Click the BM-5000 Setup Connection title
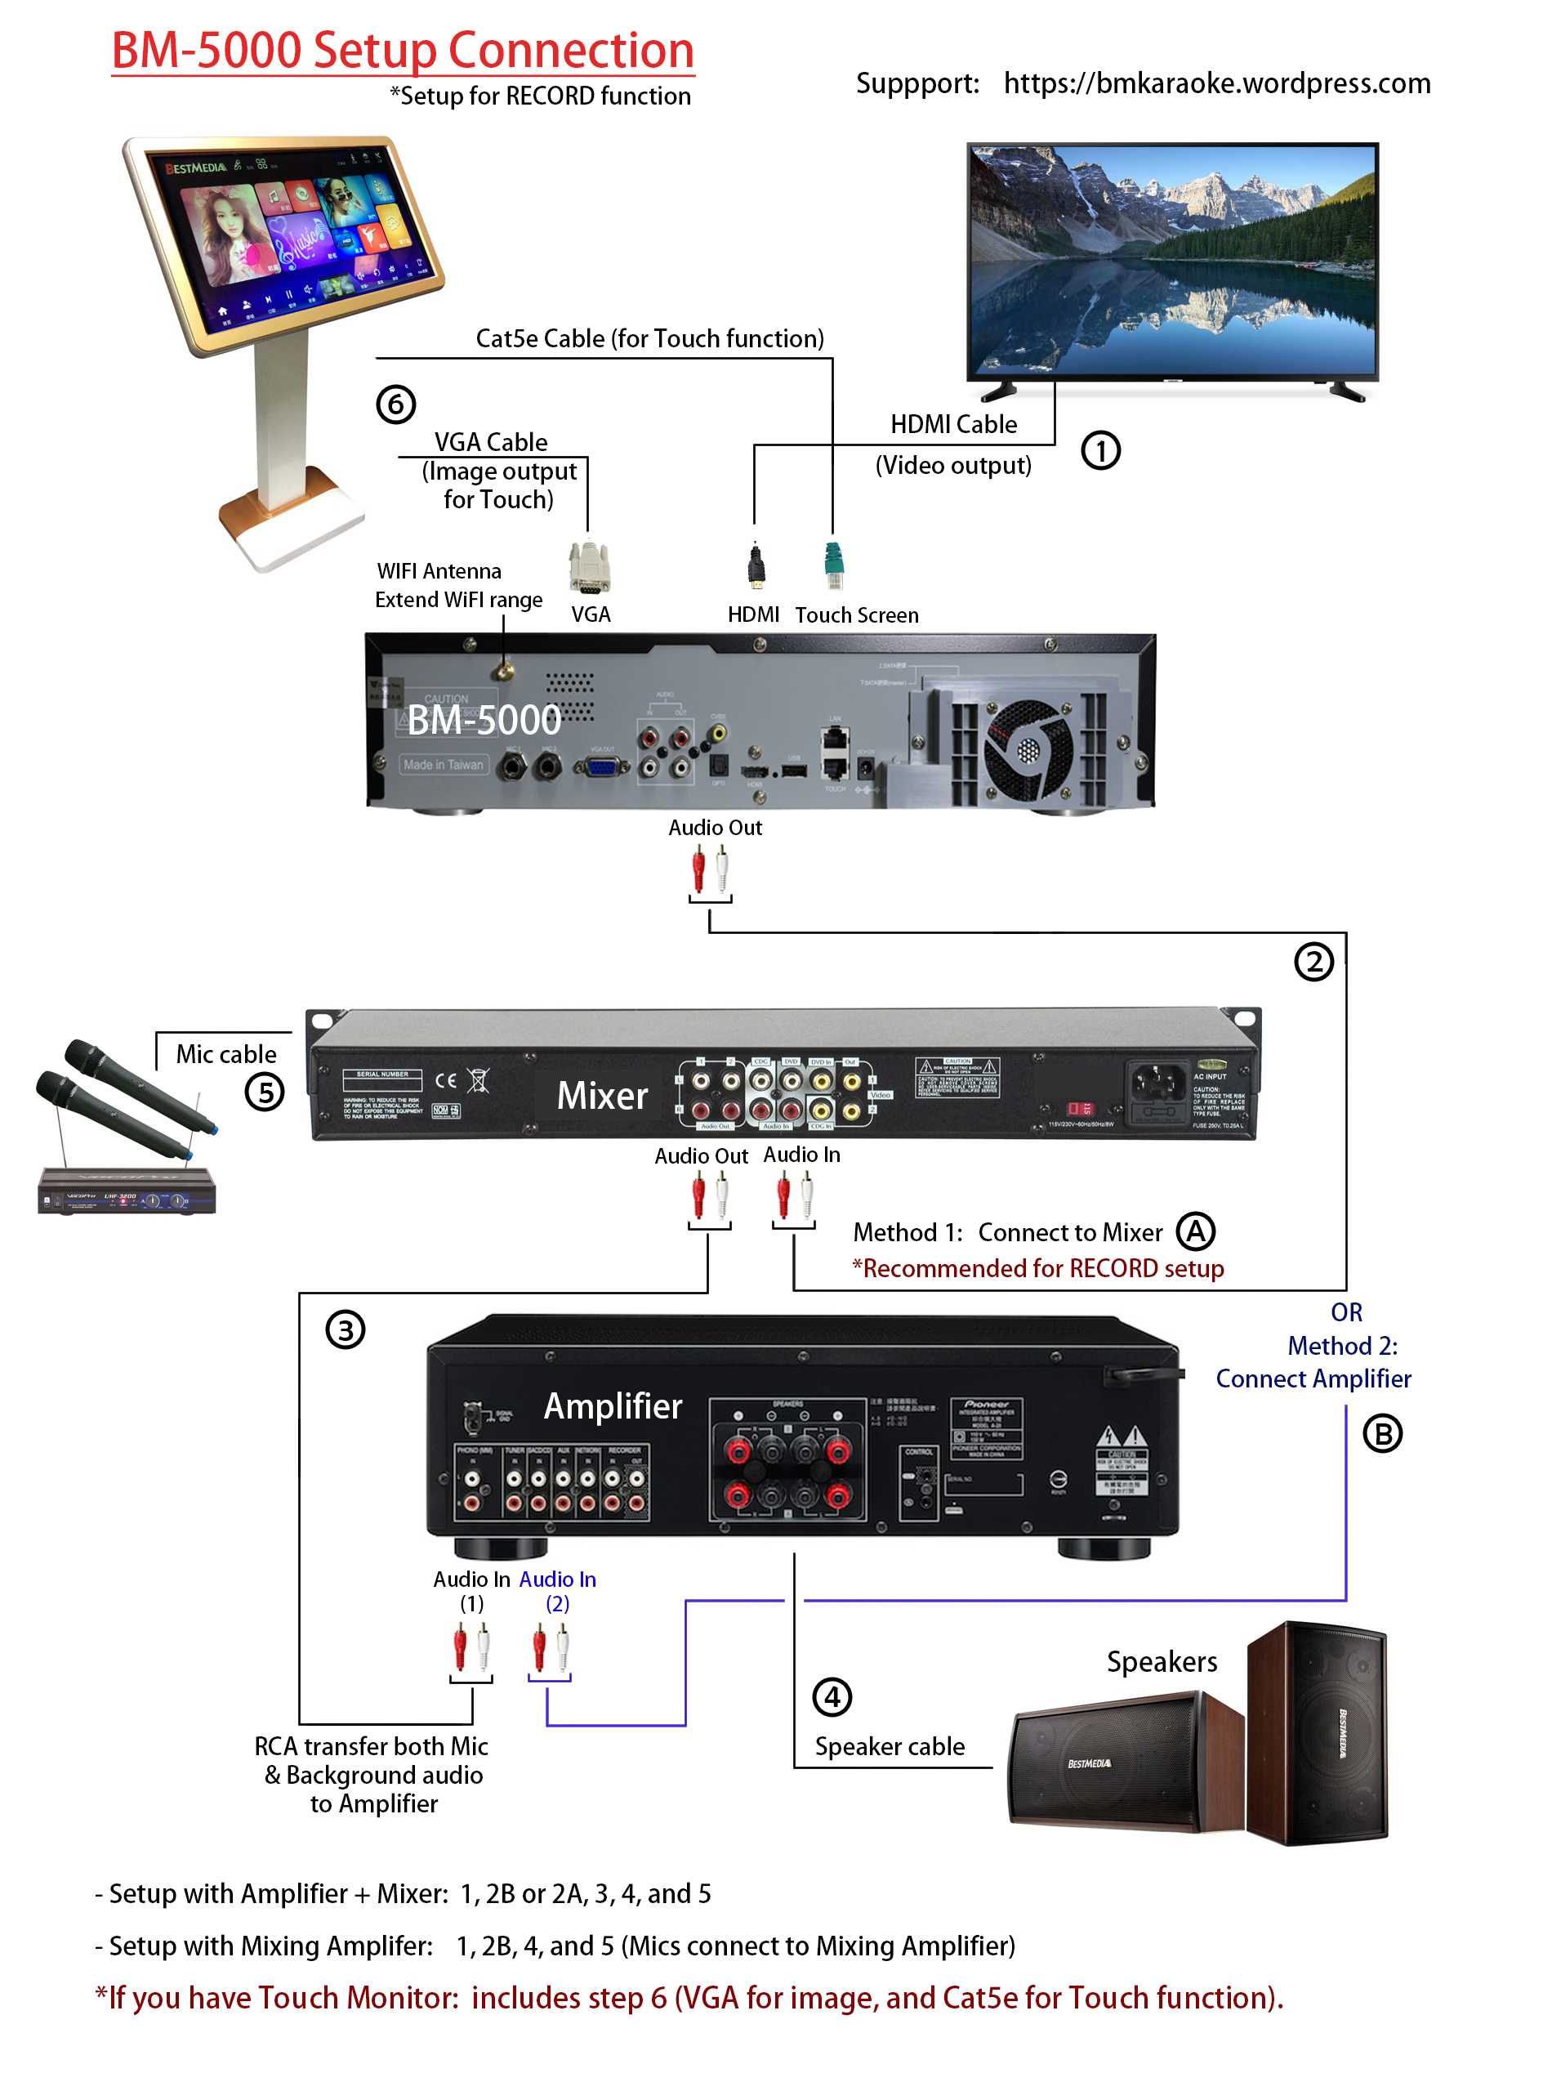pos(402,51)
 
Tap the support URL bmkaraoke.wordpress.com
pos(1215,83)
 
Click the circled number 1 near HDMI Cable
pos(1100,450)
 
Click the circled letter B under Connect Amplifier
pos(1381,1434)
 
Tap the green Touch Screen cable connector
pos(833,565)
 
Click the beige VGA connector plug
pos(589,568)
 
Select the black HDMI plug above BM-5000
pos(756,565)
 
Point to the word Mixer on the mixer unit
pos(602,1096)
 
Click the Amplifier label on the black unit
pos(613,1405)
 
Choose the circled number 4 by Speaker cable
pos(832,1697)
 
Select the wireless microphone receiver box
pos(127,1191)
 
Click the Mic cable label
pos(226,1054)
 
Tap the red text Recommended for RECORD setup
pos(1037,1268)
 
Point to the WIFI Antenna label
pos(439,571)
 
